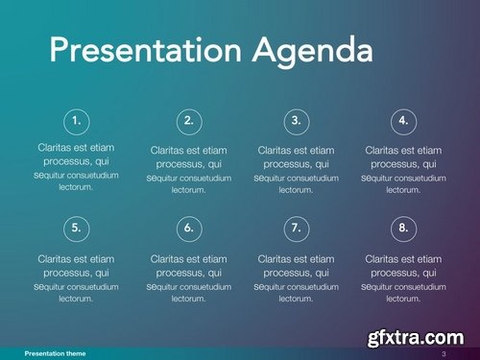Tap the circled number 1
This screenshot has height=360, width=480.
[x=77, y=121]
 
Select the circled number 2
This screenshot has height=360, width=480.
[x=189, y=121]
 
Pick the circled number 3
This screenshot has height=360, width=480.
[x=297, y=121]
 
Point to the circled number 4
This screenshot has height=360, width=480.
[x=404, y=121]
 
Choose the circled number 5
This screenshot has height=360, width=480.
[x=77, y=228]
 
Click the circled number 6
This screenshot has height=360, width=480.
[x=189, y=228]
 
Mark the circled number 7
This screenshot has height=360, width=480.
[x=297, y=228]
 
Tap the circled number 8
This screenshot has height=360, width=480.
[x=404, y=228]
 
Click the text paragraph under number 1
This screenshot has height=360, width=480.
[x=77, y=167]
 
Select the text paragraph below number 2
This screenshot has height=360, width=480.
[x=189, y=170]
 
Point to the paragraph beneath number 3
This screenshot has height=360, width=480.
[x=297, y=170]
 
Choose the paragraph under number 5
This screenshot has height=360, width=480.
[x=77, y=278]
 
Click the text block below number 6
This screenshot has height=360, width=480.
[x=189, y=278]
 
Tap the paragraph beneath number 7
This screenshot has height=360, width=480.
[x=297, y=278]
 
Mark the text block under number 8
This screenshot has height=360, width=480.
[x=404, y=278]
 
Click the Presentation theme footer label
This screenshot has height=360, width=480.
[x=55, y=354]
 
